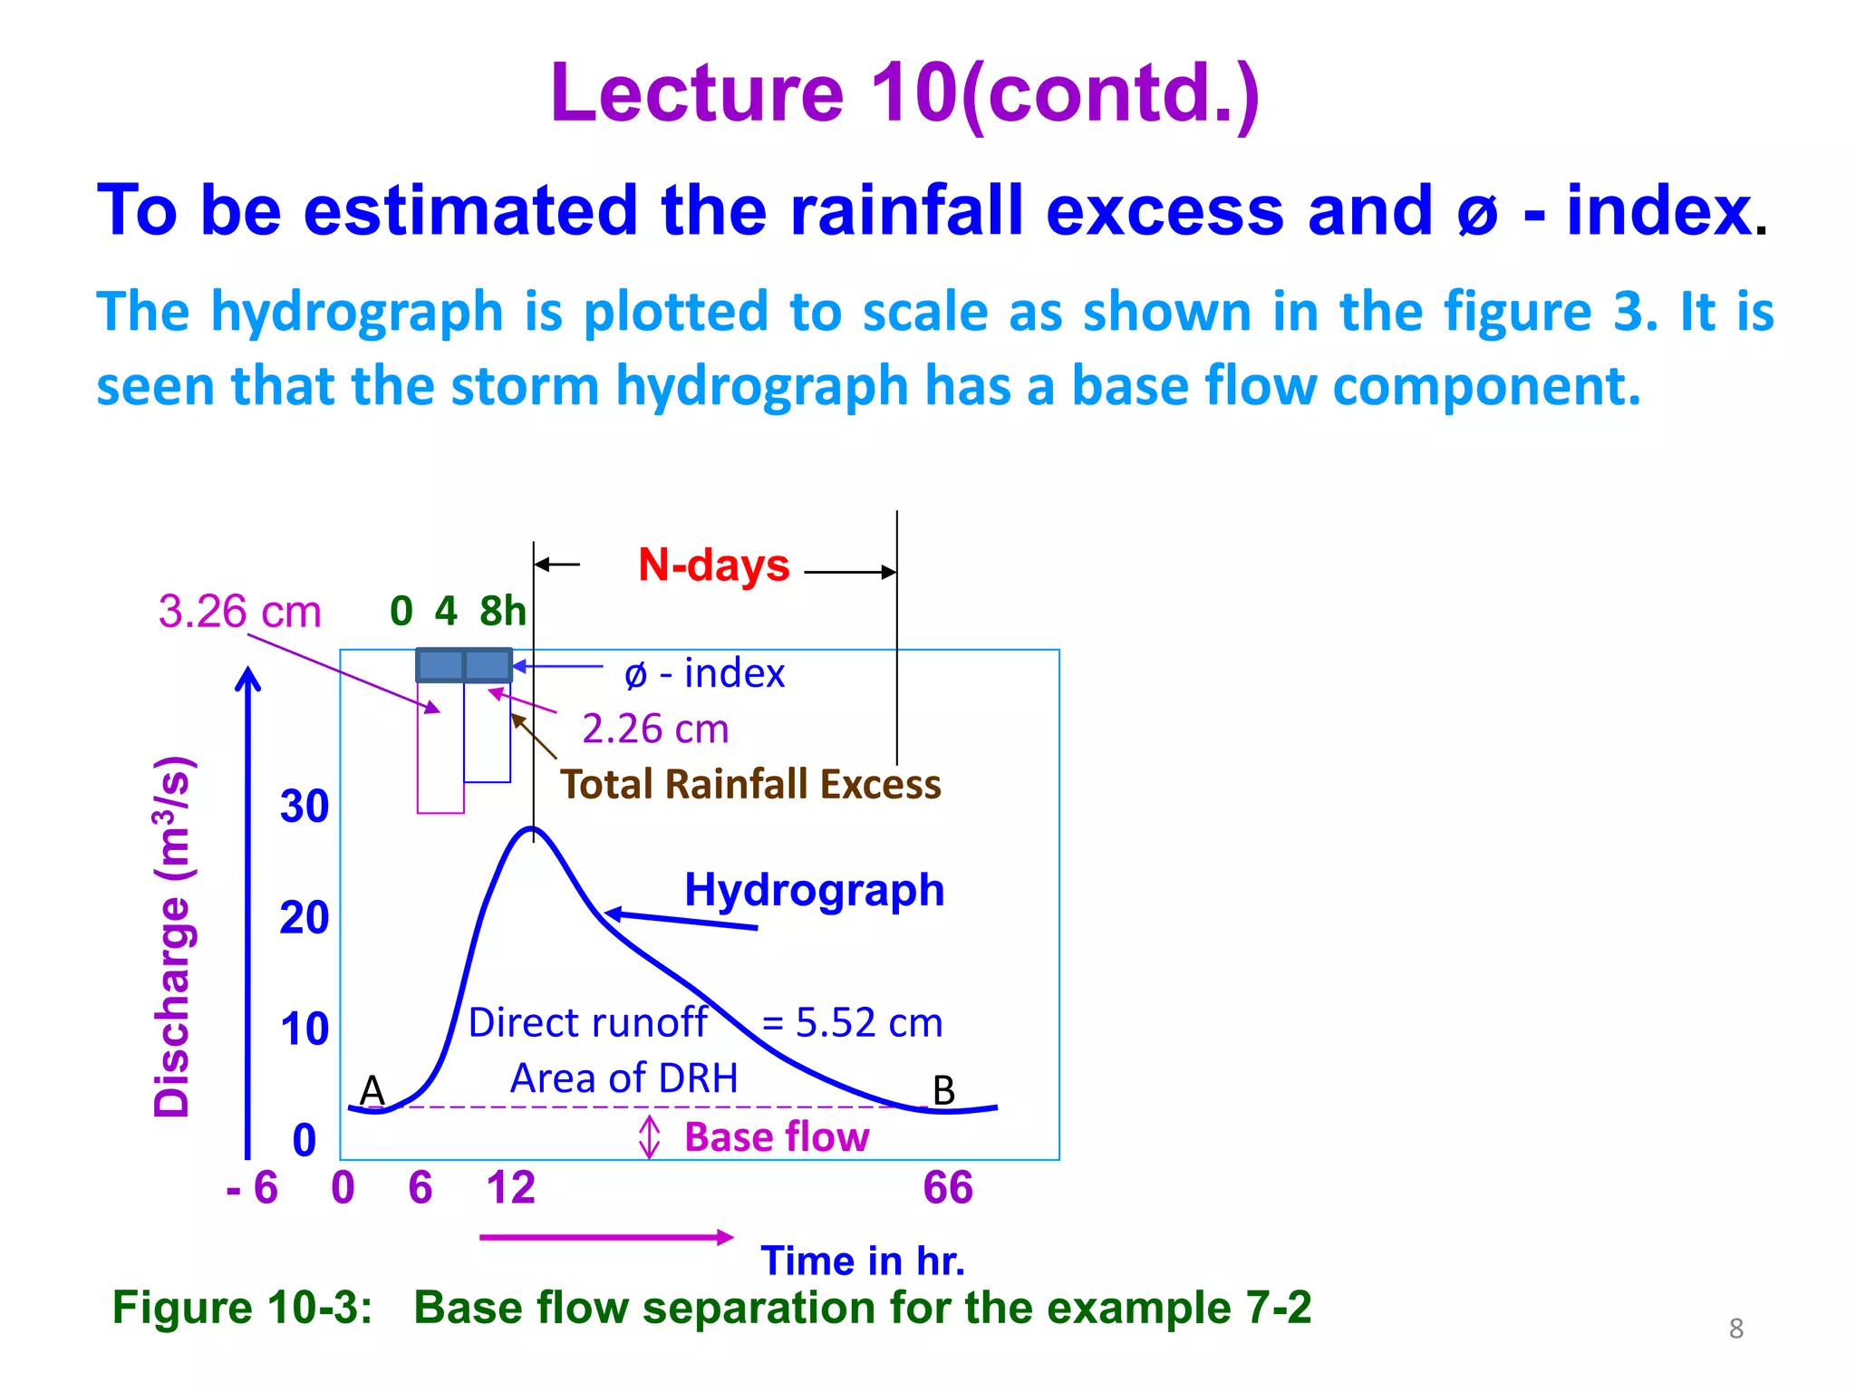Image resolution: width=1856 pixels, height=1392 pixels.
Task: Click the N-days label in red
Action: [x=713, y=565]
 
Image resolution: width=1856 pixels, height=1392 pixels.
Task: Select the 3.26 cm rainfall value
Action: [x=240, y=612]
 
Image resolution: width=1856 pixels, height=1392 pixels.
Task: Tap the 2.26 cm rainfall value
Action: [x=655, y=729]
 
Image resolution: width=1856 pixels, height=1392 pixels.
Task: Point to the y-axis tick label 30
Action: [x=304, y=807]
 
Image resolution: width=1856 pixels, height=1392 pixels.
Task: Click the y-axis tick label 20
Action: [x=304, y=918]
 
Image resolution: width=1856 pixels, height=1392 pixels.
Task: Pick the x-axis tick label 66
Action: [x=948, y=1188]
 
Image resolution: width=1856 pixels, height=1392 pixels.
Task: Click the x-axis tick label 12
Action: [x=510, y=1188]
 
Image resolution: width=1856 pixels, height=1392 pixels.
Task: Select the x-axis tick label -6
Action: [x=252, y=1188]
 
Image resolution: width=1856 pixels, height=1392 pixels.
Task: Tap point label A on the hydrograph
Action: [x=372, y=1090]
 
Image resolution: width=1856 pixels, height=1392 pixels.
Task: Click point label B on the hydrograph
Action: [x=943, y=1090]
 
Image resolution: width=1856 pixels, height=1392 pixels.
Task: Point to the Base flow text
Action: [x=777, y=1137]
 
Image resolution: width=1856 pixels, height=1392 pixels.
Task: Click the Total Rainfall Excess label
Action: [x=750, y=785]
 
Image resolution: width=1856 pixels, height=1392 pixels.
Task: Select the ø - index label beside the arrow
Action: [x=705, y=673]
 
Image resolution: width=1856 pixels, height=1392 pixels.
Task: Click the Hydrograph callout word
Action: [x=814, y=890]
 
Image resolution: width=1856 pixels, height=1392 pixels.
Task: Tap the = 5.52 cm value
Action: [x=852, y=1023]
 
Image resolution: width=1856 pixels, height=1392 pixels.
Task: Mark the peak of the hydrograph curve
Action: [x=533, y=828]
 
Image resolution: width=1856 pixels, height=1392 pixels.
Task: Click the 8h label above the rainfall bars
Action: [x=503, y=612]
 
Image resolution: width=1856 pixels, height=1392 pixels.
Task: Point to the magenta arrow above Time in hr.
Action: [x=605, y=1237]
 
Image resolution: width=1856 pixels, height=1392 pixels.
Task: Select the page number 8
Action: [x=1735, y=1329]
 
